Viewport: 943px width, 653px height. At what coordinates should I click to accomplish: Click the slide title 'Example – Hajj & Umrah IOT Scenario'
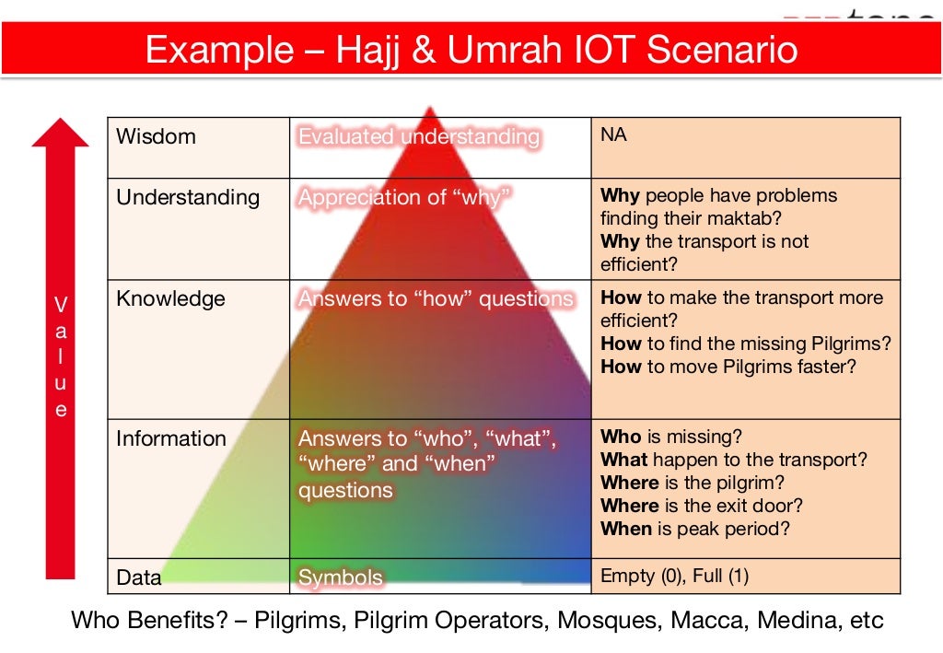(x=471, y=49)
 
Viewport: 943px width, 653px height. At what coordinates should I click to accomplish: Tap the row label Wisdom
(x=156, y=136)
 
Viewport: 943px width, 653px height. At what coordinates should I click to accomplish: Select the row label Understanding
(x=187, y=197)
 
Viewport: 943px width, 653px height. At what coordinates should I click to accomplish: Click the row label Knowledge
(x=170, y=298)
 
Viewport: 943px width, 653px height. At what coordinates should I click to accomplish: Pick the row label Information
(x=170, y=438)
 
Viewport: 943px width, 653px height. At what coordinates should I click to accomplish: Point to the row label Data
(x=138, y=577)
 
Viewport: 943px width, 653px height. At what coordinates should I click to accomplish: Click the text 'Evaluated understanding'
(x=418, y=137)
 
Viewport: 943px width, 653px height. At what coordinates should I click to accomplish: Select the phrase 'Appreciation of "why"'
(x=404, y=198)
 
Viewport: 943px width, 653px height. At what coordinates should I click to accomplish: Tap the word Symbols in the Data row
(x=340, y=577)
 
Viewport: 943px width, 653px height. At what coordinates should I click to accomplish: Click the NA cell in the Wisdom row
(x=613, y=134)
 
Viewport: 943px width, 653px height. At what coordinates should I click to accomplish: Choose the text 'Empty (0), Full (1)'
(x=674, y=576)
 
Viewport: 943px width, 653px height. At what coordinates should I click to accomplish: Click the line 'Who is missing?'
(x=670, y=437)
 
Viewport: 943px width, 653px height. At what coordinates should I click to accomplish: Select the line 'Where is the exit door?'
(x=702, y=506)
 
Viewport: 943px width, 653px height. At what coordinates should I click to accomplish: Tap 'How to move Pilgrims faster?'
(x=728, y=367)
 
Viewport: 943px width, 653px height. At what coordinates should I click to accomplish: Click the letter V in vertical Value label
(x=61, y=304)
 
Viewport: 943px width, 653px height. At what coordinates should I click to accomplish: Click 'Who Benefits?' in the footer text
(x=147, y=620)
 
